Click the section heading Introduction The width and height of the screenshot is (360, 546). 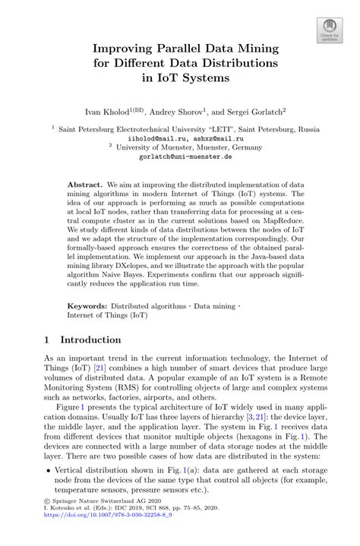click(91, 339)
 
